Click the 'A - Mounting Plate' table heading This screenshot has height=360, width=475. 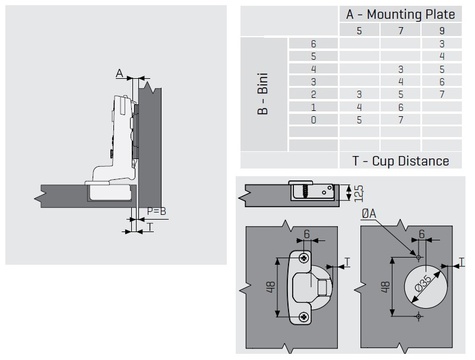pyautogui.click(x=400, y=14)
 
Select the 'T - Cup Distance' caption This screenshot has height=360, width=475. pyautogui.click(x=401, y=161)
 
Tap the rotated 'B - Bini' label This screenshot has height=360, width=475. pyautogui.click(x=263, y=94)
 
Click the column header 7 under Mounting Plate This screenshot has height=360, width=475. pyautogui.click(x=401, y=31)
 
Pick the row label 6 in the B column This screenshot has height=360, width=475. pyautogui.click(x=313, y=44)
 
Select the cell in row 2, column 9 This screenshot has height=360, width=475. pyautogui.click(x=442, y=94)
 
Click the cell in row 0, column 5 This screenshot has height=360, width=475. pyautogui.click(x=359, y=120)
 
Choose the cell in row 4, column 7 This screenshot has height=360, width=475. pyautogui.click(x=401, y=69)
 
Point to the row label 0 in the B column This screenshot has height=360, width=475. pyautogui.click(x=313, y=120)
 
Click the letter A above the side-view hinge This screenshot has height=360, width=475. pyautogui.click(x=120, y=73)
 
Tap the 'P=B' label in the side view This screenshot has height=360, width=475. pyautogui.click(x=156, y=211)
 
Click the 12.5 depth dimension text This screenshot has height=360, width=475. pyautogui.click(x=359, y=193)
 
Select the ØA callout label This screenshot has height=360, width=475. pyautogui.click(x=369, y=214)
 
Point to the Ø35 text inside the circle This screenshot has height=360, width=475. pyautogui.click(x=424, y=283)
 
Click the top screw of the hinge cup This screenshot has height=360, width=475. pyautogui.click(x=304, y=258)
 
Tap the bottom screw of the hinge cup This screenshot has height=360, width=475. pyautogui.click(x=304, y=317)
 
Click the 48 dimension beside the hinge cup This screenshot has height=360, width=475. pyautogui.click(x=270, y=287)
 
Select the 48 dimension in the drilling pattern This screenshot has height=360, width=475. pyautogui.click(x=385, y=287)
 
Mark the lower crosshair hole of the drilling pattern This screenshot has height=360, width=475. pyautogui.click(x=419, y=315)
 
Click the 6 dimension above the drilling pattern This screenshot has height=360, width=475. pyautogui.click(x=422, y=234)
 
